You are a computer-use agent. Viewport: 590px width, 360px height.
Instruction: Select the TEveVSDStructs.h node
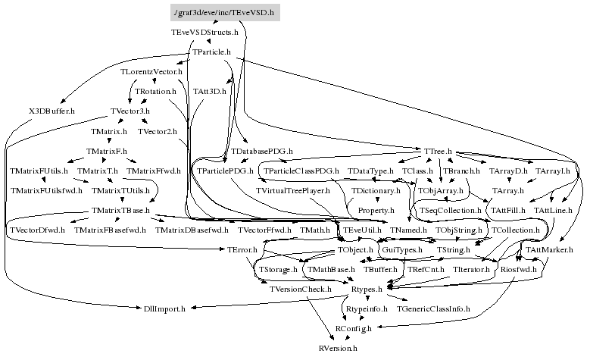(x=204, y=33)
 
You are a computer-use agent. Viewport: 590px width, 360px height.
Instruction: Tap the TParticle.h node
(x=212, y=52)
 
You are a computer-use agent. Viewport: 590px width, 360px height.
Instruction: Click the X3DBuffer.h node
(x=52, y=111)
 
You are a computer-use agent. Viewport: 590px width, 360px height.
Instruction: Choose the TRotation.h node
(x=155, y=92)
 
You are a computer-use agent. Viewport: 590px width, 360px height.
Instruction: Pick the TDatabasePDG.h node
(x=262, y=152)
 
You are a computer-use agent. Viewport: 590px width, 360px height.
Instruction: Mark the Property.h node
(x=376, y=210)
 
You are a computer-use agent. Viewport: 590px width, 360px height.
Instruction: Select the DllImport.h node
(x=170, y=308)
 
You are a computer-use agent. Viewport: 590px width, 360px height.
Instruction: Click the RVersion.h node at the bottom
(x=338, y=348)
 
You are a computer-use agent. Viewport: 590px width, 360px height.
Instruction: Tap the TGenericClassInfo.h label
(x=433, y=308)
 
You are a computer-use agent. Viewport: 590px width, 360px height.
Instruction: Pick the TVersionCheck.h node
(x=301, y=289)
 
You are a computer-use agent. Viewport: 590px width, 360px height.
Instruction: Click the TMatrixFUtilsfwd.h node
(x=46, y=190)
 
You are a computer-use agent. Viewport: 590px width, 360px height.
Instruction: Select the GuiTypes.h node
(x=402, y=249)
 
